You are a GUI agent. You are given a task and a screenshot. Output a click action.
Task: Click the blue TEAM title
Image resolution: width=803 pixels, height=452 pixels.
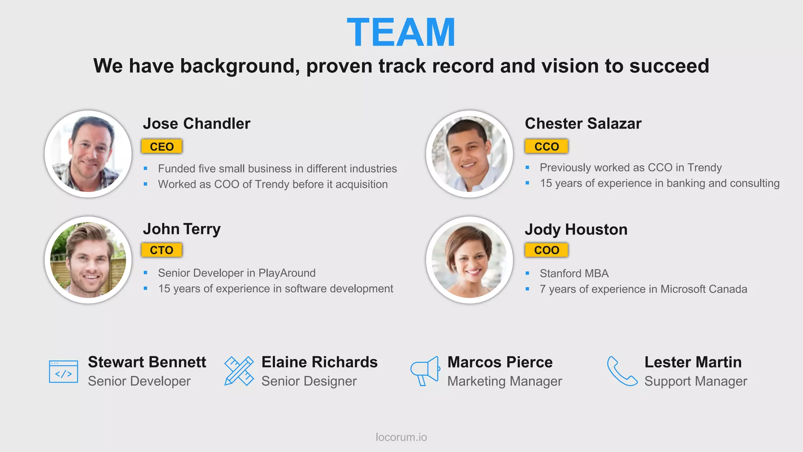401,32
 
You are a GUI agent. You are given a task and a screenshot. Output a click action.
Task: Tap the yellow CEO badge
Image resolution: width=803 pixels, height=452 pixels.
162,146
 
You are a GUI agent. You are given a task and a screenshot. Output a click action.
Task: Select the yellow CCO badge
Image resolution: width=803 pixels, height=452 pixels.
546,146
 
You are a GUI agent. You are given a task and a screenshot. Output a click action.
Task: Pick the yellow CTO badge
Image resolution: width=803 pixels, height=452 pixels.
162,250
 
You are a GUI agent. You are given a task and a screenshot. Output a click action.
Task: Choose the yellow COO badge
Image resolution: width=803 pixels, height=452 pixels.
546,250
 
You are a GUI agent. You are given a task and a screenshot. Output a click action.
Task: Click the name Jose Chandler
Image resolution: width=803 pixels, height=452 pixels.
196,124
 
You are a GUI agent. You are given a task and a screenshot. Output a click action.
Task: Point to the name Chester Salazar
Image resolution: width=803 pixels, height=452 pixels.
583,124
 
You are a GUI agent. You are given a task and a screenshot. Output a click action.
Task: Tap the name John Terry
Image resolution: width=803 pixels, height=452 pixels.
182,229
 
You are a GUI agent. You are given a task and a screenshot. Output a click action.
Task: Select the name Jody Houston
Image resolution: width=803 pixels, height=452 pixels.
576,230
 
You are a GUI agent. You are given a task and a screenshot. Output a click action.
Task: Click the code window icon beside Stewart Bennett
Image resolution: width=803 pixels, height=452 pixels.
64,371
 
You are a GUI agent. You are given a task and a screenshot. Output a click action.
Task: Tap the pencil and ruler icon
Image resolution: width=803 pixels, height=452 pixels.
239,371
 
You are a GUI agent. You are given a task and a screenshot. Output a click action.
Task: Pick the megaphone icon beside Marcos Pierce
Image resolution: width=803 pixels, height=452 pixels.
425,371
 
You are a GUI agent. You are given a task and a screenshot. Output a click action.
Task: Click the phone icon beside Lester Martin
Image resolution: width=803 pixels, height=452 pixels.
622,371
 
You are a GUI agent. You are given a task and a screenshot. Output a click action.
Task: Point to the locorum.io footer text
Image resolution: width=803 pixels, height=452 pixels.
401,437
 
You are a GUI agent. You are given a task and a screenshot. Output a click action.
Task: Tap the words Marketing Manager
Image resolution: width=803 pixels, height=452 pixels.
505,381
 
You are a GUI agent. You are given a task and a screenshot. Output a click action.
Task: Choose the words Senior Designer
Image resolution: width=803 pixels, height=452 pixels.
309,381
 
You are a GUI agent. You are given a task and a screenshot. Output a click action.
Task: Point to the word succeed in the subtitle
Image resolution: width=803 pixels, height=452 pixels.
669,66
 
